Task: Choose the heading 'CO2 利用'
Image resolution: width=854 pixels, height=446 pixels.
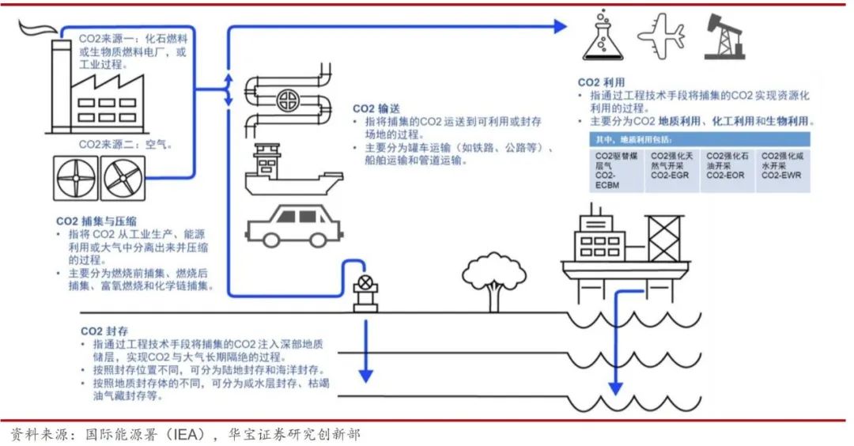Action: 601,82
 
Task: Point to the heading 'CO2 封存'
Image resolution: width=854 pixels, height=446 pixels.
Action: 103,331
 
